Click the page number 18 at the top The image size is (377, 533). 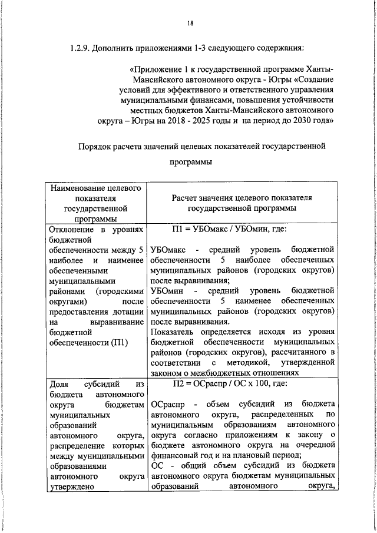189,23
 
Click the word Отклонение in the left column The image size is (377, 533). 69,229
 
